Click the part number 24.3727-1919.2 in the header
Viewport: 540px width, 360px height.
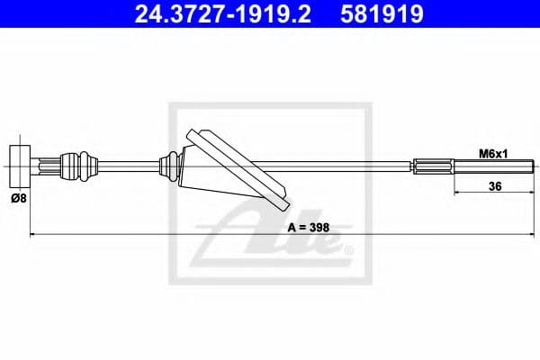click(x=222, y=14)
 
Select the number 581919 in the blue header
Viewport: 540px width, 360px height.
click(x=382, y=14)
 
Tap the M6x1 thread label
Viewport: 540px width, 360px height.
click(x=493, y=154)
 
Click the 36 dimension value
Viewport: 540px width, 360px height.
click(x=495, y=186)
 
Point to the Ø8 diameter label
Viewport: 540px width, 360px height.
click(x=19, y=198)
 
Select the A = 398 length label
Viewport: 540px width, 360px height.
click(x=309, y=228)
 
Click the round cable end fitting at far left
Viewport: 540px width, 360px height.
click(x=20, y=166)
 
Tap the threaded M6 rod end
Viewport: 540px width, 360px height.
click(x=494, y=166)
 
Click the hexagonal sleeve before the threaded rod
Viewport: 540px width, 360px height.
click(x=433, y=166)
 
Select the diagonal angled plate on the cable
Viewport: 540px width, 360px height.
click(x=238, y=169)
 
